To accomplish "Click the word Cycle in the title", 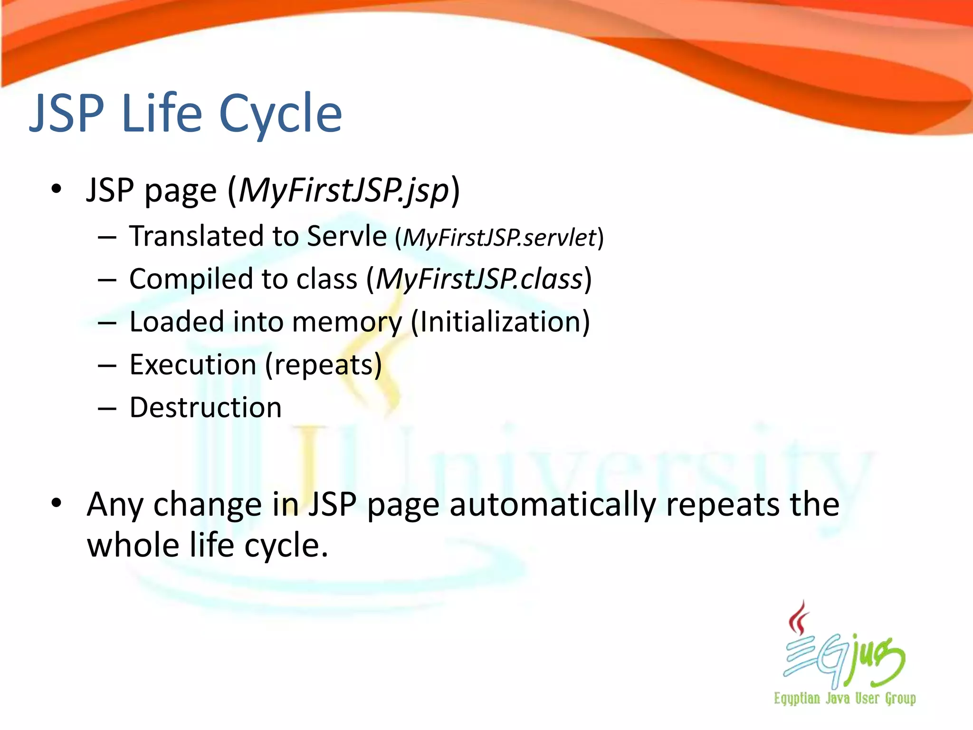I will coord(280,114).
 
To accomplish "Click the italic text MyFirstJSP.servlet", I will coord(499,238).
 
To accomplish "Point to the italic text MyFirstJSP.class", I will coord(479,279).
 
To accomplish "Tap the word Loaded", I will coord(176,322).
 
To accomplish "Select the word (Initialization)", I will coord(500,322).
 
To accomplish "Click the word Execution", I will coord(193,365).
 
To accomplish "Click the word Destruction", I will coord(205,408).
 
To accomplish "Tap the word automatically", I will coord(553,505).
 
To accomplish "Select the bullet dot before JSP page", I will coord(57,189).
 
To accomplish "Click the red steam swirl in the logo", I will coord(799,618).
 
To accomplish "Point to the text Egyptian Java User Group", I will coord(845,699).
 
